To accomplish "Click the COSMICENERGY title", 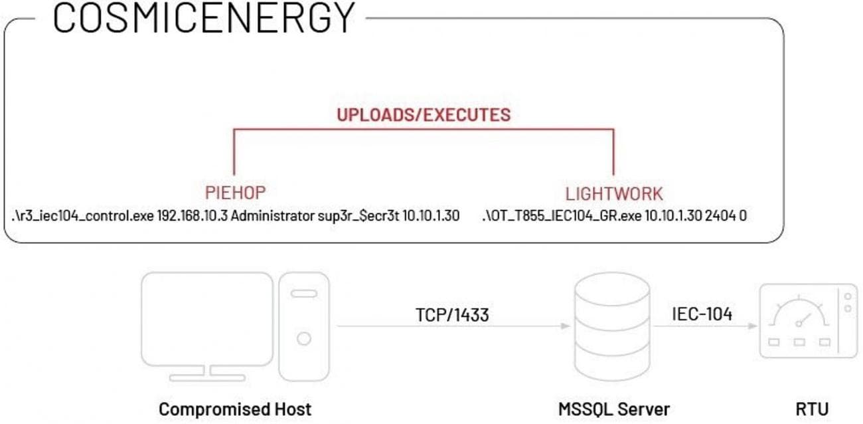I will pyautogui.click(x=204, y=18).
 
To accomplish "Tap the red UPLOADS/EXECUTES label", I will pyautogui.click(x=424, y=114).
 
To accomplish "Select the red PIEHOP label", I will pyautogui.click(x=235, y=193).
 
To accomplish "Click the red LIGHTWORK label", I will pyautogui.click(x=613, y=194).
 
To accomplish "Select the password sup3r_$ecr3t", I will pyautogui.click(x=364, y=217).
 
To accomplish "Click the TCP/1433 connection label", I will pyautogui.click(x=452, y=314).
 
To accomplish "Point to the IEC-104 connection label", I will pyautogui.click(x=702, y=314).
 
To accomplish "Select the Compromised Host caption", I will pyautogui.click(x=235, y=408).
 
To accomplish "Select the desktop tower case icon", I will pyautogui.click(x=303, y=326).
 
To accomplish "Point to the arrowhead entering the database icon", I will pyautogui.click(x=566, y=326).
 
